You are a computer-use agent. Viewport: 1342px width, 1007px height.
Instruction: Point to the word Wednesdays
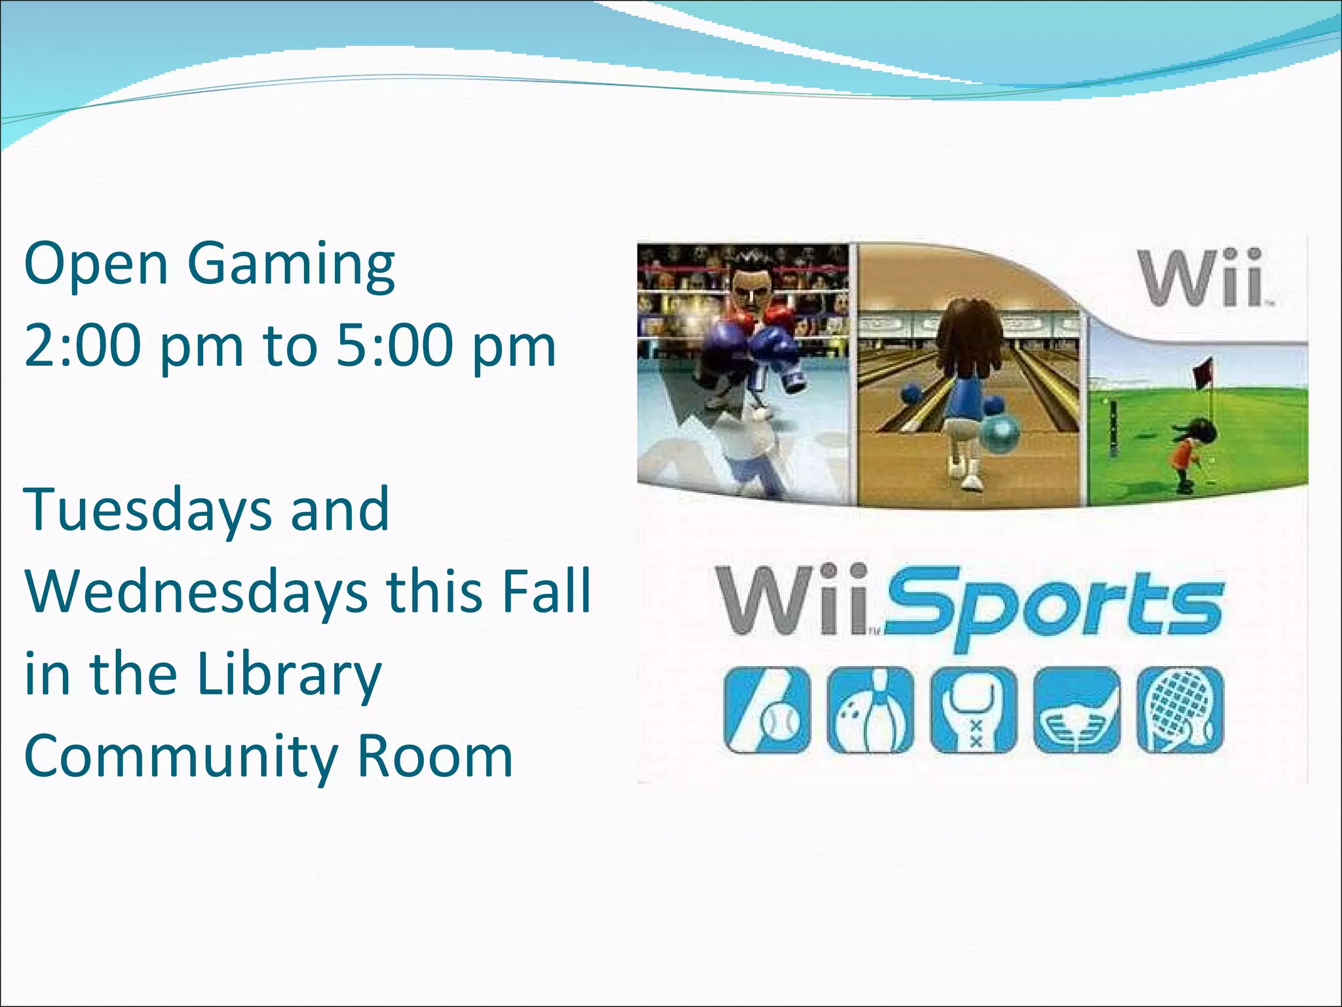[x=197, y=592]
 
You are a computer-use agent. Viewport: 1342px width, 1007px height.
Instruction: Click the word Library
[x=288, y=675]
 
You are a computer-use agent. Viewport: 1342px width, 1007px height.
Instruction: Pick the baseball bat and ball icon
[x=767, y=710]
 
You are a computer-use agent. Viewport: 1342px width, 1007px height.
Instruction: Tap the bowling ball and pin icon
[x=870, y=710]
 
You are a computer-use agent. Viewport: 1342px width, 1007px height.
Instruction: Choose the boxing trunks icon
[x=974, y=710]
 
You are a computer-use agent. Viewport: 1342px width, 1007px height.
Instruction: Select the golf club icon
[x=1077, y=710]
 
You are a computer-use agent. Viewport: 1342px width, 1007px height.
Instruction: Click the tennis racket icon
[x=1180, y=710]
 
